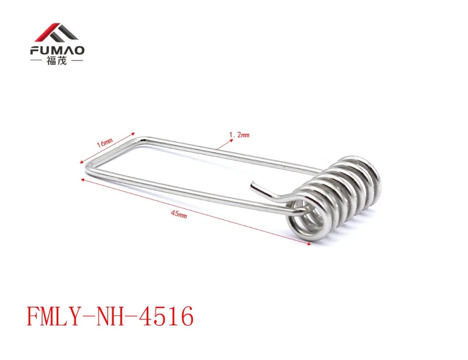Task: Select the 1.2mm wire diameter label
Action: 239,135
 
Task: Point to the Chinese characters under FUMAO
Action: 57,61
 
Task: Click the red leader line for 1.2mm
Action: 228,142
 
